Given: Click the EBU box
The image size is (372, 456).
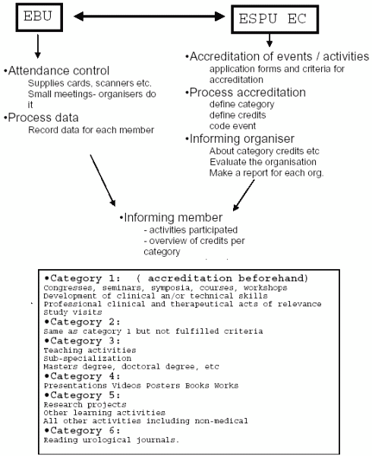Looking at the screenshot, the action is (x=39, y=17).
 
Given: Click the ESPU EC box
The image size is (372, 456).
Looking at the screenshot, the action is (x=275, y=19).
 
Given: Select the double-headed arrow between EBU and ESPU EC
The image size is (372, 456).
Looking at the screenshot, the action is (x=150, y=16).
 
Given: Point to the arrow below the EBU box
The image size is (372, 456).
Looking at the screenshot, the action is (x=38, y=46).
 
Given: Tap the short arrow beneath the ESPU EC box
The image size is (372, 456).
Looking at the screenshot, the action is (x=270, y=40).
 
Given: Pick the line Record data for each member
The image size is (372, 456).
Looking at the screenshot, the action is (x=91, y=130).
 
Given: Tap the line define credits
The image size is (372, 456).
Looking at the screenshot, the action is (x=238, y=116).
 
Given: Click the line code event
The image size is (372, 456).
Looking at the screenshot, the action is (x=232, y=126).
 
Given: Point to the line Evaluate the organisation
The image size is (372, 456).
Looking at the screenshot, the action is (x=263, y=162).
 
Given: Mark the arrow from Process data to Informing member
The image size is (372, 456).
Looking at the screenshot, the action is (x=102, y=180).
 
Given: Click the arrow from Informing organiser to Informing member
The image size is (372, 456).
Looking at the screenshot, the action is (x=244, y=195).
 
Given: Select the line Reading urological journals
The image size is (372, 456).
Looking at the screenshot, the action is (x=112, y=440).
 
